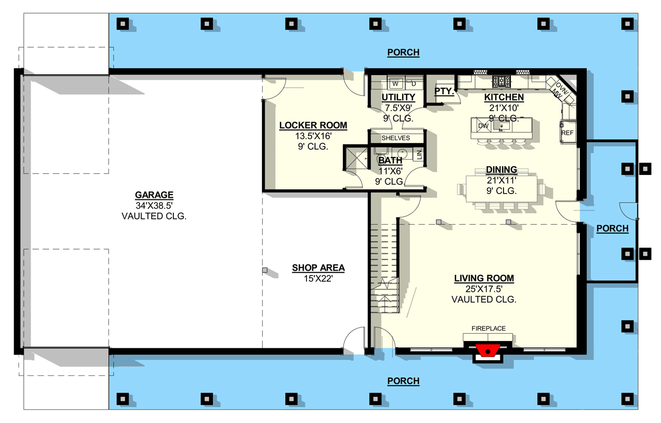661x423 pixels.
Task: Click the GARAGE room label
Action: pos(154,195)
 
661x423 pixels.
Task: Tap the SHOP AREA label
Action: pos(318,268)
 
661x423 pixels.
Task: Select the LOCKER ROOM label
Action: pos(313,125)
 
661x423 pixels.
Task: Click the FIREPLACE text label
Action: pos(488,328)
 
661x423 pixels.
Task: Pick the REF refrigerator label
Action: pos(567,133)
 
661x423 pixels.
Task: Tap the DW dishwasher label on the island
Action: pos(483,126)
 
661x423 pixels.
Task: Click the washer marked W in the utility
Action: pos(395,84)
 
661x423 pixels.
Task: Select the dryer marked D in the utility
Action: pos(414,84)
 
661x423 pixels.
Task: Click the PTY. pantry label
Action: pos(444,91)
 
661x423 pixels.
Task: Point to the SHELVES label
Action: pos(395,138)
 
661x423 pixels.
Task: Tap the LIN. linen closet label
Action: pos(419,154)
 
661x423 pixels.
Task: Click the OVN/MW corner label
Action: pos(560,90)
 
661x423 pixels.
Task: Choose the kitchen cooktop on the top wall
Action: pos(501,81)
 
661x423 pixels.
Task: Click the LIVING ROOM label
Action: pos(484,278)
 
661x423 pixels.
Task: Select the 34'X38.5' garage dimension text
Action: pos(154,206)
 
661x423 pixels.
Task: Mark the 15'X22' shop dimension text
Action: pos(319,278)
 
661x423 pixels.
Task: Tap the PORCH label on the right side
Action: pos(612,228)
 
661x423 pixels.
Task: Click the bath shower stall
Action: pos(357,158)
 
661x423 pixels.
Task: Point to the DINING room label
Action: pos(501,170)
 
